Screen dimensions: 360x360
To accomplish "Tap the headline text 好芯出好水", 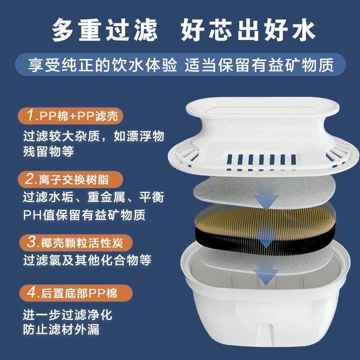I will [247, 31].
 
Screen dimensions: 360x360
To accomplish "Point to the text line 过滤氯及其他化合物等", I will [87, 260].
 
